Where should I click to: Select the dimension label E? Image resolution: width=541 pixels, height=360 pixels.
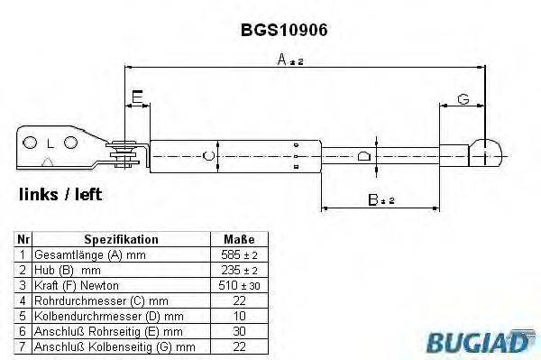pyautogui.click(x=136, y=97)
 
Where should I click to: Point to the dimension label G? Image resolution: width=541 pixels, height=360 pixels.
pyautogui.click(x=463, y=98)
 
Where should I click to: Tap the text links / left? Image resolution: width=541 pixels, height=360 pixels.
pyautogui.click(x=60, y=194)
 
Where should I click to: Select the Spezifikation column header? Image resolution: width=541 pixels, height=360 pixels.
pyautogui.click(x=121, y=240)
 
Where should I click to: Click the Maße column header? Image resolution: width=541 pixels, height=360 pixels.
pyautogui.click(x=238, y=240)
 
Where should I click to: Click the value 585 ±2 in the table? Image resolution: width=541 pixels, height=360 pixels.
pyautogui.click(x=239, y=255)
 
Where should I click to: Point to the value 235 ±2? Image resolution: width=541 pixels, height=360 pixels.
pyautogui.click(x=239, y=270)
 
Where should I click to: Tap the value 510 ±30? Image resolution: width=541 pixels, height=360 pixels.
pyautogui.click(x=239, y=285)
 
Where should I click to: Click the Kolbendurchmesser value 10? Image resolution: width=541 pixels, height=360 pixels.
pyautogui.click(x=238, y=316)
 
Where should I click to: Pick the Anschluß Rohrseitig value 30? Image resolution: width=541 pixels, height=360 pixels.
pyautogui.click(x=238, y=331)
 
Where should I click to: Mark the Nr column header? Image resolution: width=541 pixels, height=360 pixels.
pyautogui.click(x=24, y=240)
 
